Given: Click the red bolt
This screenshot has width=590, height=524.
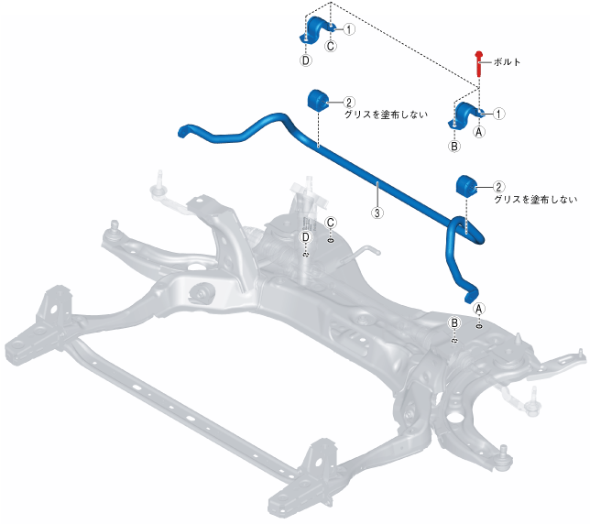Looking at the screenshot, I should click(478, 62).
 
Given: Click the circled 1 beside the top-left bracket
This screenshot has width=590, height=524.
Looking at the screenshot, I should click(349, 29).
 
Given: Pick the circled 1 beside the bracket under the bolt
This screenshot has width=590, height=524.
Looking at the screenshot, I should click(499, 114).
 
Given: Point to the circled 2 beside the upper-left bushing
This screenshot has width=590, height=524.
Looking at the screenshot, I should click(349, 103).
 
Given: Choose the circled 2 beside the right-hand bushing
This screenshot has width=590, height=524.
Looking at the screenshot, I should click(498, 186).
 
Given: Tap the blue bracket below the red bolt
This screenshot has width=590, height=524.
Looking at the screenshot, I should click(467, 117).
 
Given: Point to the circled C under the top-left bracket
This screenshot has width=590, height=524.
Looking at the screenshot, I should click(331, 45).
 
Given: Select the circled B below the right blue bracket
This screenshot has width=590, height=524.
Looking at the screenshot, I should click(453, 146).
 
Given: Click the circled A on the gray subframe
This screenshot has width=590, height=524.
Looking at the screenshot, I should click(477, 309).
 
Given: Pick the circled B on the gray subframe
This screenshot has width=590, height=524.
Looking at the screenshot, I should click(453, 323).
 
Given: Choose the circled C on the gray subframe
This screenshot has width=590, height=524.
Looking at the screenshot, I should click(331, 223).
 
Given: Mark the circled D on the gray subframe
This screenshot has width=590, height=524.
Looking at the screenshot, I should click(306, 237).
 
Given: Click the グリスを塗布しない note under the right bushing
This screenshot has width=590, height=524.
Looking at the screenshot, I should click(535, 199).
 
